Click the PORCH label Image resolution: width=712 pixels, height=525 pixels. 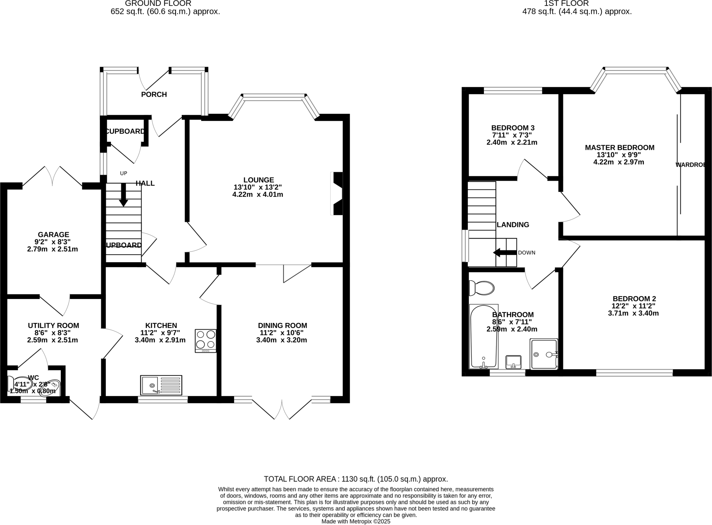pyautogui.click(x=154, y=95)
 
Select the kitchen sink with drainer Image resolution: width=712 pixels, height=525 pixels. pyautogui.click(x=161, y=385)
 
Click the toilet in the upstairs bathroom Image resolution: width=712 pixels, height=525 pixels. pyautogui.click(x=482, y=288)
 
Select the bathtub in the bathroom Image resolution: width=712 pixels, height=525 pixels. pyautogui.click(x=484, y=337)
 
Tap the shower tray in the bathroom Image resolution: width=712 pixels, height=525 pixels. pyautogui.click(x=544, y=354)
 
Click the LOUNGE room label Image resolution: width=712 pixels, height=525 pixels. pyautogui.click(x=258, y=180)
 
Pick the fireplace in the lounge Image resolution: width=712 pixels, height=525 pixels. pyautogui.click(x=336, y=193)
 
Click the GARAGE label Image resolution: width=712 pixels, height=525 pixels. pyautogui.click(x=54, y=235)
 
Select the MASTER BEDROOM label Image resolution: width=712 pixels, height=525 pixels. pyautogui.click(x=619, y=147)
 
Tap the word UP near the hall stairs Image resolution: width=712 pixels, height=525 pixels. pyautogui.click(x=123, y=173)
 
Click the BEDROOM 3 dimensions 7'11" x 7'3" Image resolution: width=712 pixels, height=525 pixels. pyautogui.click(x=512, y=135)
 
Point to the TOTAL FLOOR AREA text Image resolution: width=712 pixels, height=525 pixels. pyautogui.click(x=356, y=479)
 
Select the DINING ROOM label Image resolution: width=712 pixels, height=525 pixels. pyautogui.click(x=282, y=325)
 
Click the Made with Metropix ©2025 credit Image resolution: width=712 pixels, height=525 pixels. pyautogui.click(x=356, y=522)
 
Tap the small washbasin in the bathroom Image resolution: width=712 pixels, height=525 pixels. pyautogui.click(x=513, y=362)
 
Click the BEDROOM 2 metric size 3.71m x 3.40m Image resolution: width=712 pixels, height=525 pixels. pyautogui.click(x=633, y=313)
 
